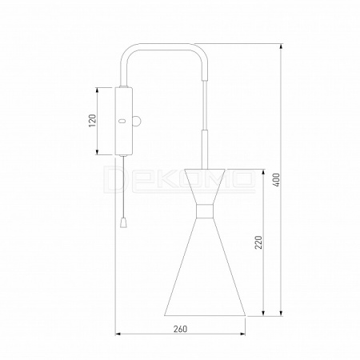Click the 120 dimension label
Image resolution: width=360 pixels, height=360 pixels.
[x=92, y=121]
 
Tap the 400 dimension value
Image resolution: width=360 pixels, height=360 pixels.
[x=277, y=180]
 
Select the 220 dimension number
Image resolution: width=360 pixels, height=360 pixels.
[x=258, y=242]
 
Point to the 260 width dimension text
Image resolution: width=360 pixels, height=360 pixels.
[x=180, y=329]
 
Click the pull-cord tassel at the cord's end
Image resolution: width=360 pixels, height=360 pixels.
[x=123, y=223]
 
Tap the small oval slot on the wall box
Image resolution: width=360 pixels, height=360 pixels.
[x=122, y=122]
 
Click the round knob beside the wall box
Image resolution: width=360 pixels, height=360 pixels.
[x=137, y=122]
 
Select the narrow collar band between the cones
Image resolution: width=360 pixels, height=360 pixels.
[x=205, y=211]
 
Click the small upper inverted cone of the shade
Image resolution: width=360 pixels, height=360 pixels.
[x=205, y=186]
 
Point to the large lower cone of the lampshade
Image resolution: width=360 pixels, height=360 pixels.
[x=205, y=266]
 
